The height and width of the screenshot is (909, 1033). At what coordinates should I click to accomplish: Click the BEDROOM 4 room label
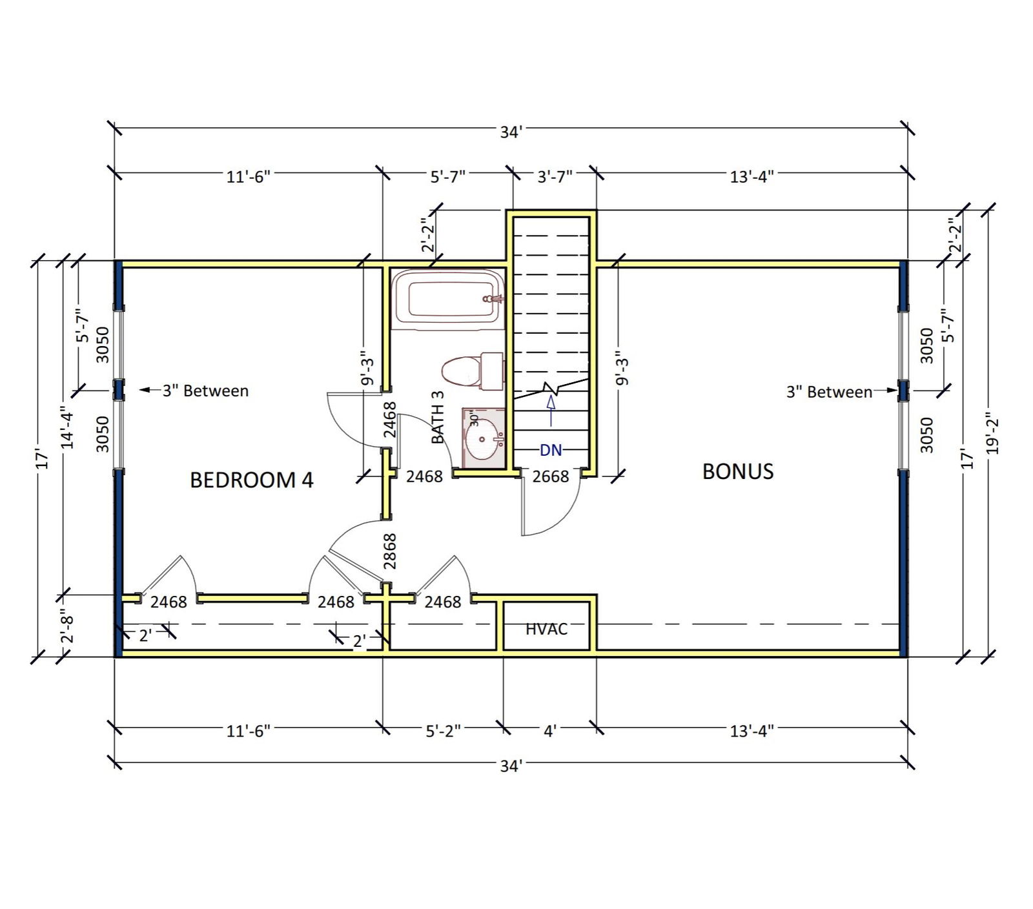(x=251, y=480)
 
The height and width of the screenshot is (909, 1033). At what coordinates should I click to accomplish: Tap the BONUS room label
(x=737, y=471)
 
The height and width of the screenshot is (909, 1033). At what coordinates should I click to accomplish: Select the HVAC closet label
(x=546, y=628)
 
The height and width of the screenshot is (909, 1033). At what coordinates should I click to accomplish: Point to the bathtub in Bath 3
(x=447, y=299)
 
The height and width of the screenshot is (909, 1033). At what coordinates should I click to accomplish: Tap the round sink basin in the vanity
(x=482, y=439)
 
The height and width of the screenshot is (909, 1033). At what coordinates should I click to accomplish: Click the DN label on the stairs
(x=551, y=449)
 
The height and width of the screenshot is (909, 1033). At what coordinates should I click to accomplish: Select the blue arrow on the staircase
(x=551, y=409)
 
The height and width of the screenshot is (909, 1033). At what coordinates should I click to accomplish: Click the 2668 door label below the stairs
(x=550, y=476)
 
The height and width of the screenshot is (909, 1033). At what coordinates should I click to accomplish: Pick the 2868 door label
(x=389, y=551)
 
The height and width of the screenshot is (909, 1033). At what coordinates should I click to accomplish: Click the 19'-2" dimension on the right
(x=993, y=434)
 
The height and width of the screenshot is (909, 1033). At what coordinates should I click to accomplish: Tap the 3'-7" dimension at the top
(x=555, y=176)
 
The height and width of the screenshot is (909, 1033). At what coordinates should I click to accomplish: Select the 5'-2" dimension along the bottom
(x=443, y=731)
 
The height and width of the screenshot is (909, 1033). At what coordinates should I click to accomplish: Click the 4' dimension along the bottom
(x=549, y=731)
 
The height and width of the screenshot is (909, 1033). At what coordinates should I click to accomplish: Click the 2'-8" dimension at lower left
(x=67, y=626)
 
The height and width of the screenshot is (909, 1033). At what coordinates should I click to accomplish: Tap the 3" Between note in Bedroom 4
(x=205, y=391)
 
